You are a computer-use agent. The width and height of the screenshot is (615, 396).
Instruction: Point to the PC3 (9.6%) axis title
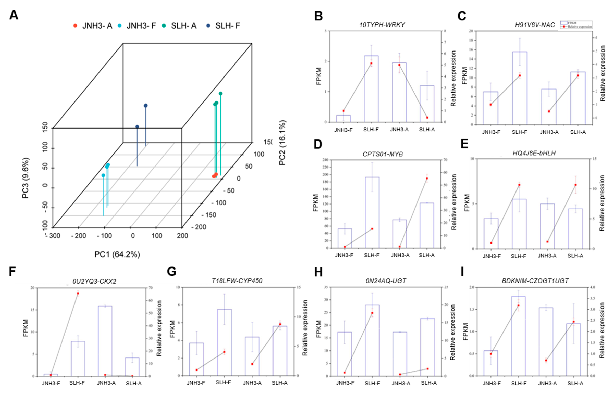tap(26, 178)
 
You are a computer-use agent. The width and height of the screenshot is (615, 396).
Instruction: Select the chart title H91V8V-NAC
tap(535, 25)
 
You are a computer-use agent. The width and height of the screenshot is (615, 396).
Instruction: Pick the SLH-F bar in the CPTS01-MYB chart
tap(372, 212)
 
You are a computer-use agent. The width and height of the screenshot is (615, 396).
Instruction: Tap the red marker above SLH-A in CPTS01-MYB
tap(427, 178)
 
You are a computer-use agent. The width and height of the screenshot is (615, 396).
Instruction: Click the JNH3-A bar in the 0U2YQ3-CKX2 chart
tap(105, 341)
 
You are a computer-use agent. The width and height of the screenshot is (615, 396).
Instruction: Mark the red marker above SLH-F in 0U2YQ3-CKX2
tap(78, 293)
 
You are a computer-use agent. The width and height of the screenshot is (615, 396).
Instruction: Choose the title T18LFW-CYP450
tap(237, 281)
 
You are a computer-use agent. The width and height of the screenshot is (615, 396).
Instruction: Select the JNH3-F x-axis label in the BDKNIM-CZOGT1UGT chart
tap(492, 383)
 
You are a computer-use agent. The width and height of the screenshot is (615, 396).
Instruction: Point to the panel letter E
tap(464, 144)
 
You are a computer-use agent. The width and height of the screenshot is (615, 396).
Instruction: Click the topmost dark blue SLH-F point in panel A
tap(146, 105)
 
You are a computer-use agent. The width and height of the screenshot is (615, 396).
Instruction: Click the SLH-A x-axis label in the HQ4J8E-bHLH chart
tap(575, 256)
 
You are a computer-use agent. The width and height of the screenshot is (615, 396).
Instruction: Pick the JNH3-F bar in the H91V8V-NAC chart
tap(490, 108)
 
